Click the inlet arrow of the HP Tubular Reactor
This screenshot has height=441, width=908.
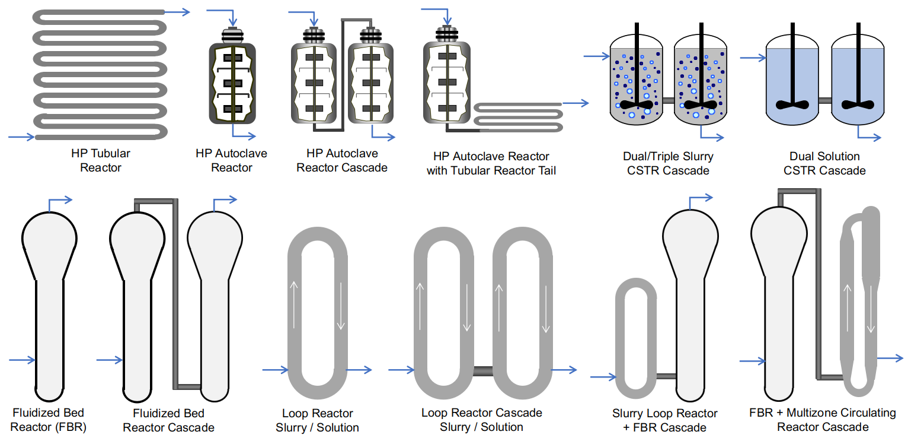[21, 137]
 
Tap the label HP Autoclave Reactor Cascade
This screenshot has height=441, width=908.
[342, 161]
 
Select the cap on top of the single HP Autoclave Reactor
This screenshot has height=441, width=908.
[232, 36]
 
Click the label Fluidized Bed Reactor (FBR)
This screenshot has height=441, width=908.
[49, 420]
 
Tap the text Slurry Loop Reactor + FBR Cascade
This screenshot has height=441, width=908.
[664, 420]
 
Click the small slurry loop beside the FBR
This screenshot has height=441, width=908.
[636, 339]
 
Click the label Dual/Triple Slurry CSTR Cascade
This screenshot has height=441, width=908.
[668, 164]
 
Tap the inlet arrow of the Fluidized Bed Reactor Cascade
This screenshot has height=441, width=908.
[109, 360]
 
